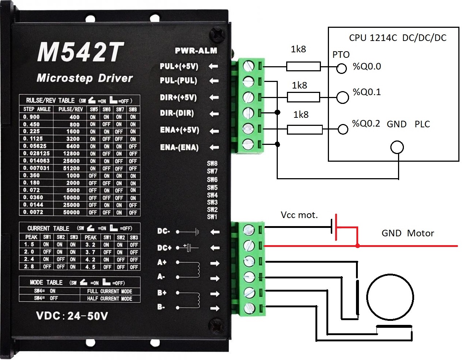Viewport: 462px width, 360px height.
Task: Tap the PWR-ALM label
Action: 196,51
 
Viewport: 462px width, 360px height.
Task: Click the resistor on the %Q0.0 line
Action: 303,67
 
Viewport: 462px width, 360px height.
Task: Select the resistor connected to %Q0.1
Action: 303,97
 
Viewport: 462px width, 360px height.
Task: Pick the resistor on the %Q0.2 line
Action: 305,130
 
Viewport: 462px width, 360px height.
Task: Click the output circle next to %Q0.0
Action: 341,68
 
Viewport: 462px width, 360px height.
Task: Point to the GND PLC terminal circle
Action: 397,147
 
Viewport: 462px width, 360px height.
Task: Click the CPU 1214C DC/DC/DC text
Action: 398,38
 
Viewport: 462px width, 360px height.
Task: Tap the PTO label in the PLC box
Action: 341,55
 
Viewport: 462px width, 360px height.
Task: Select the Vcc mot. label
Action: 299,215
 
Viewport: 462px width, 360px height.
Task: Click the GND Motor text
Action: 408,233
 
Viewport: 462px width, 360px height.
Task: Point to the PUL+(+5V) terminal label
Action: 179,66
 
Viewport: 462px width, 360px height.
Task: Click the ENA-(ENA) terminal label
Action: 179,147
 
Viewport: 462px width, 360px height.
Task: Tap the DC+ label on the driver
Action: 164,248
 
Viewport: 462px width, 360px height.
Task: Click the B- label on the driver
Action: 161,307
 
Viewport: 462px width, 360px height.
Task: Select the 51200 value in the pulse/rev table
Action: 71,168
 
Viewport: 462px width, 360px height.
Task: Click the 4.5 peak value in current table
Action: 90,267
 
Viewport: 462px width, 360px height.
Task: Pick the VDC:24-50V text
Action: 72,316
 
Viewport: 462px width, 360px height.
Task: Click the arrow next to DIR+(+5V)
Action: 214,98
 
